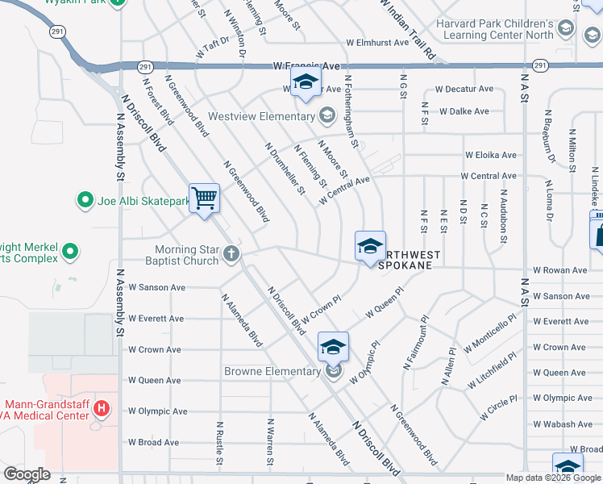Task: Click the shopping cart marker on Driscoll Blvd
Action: [x=205, y=198]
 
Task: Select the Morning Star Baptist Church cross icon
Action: [x=231, y=255]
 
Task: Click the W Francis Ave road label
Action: [x=307, y=65]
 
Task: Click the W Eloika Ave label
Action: [x=490, y=155]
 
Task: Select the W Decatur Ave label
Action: [x=464, y=89]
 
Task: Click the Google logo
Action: [x=27, y=475]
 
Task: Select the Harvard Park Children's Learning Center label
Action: [x=495, y=30]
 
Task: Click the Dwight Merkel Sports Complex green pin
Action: [x=70, y=252]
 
